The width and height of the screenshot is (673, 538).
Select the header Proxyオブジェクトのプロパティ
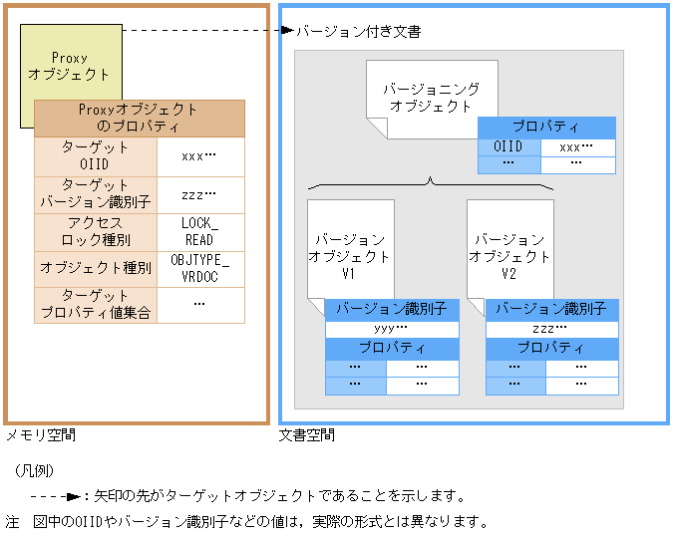pyautogui.click(x=139, y=119)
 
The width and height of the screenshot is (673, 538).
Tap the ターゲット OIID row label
pyautogui.click(x=95, y=156)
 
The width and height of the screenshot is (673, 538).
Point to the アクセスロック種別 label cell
pyautogui.click(x=95, y=231)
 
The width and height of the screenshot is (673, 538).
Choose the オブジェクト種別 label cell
pyautogui.click(x=95, y=268)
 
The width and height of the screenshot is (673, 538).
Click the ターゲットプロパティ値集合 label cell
pyautogui.click(x=95, y=305)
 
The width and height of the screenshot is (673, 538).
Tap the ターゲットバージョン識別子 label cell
pyautogui.click(x=95, y=193)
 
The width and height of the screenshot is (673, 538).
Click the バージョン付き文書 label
pyautogui.click(x=359, y=32)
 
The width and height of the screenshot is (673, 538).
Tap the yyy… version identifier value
pyautogui.click(x=391, y=329)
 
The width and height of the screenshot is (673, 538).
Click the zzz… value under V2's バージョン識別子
pyautogui.click(x=551, y=329)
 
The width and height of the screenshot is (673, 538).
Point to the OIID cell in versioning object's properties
pyautogui.click(x=508, y=146)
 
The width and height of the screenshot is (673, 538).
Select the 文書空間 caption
pyautogui.click(x=306, y=435)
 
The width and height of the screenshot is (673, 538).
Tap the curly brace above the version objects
pyautogui.click(x=431, y=183)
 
